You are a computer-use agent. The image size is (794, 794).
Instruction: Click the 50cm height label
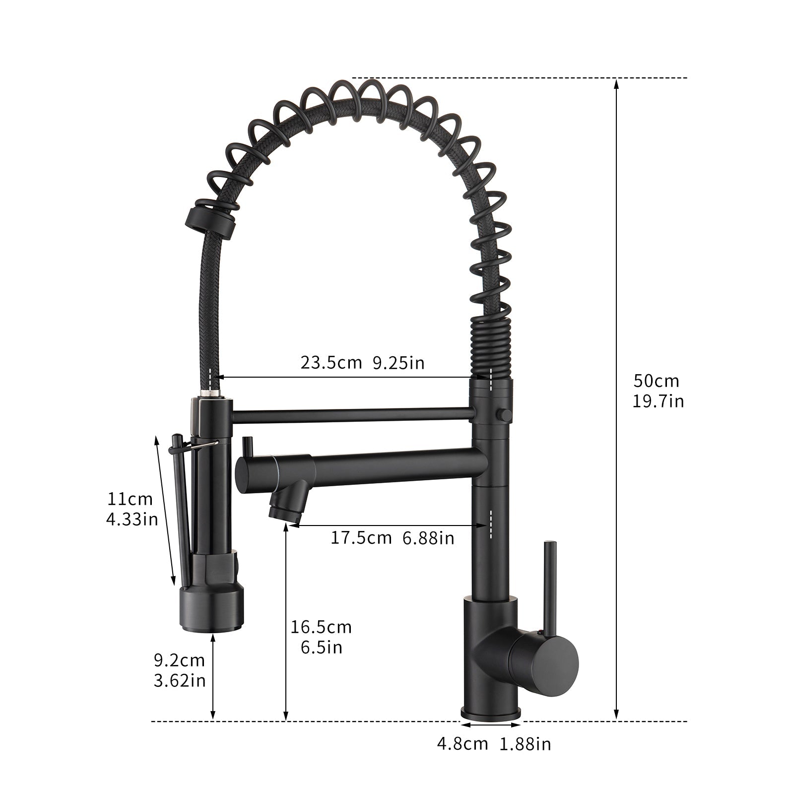[x=656, y=381]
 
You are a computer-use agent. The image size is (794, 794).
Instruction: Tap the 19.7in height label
[x=658, y=401]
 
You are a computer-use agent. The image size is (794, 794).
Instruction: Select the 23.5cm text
[x=331, y=363]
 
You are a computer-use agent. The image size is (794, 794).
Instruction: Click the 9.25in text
[x=398, y=363]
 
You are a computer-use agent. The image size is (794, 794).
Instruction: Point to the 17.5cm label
[x=361, y=537]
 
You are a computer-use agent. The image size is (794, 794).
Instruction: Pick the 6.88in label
[x=428, y=537]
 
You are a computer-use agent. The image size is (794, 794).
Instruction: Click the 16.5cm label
[x=321, y=627]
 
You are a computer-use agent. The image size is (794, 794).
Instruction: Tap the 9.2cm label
[x=179, y=660]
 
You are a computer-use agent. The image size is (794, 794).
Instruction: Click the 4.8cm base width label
[x=462, y=744]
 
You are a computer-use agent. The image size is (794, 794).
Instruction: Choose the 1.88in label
[x=526, y=744]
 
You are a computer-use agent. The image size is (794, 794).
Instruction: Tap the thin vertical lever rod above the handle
[x=550, y=586]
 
